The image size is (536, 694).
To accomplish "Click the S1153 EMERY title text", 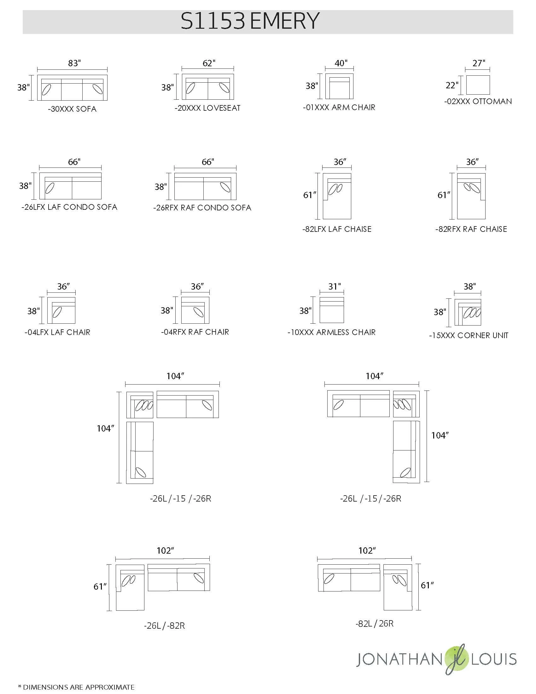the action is click(x=250, y=21).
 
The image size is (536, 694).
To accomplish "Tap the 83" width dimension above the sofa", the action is click(x=74, y=63).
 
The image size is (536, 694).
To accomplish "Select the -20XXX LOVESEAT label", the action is click(x=207, y=108).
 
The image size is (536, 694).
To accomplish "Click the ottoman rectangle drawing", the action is click(x=478, y=85).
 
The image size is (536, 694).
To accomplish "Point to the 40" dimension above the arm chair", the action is click(x=341, y=63).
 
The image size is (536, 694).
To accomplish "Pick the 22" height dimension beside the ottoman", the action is click(x=452, y=85).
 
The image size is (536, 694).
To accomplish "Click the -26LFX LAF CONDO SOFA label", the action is click(x=70, y=207).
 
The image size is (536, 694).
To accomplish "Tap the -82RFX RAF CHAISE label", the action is click(x=471, y=229).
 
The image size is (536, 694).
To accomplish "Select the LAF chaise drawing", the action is click(x=337, y=196).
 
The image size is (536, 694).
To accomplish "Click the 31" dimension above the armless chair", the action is click(x=334, y=286).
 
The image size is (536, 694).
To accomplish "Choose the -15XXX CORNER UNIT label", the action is click(x=469, y=336).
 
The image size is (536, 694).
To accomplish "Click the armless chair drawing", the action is click(x=332, y=310).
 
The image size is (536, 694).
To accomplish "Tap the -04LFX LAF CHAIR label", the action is click(x=57, y=332).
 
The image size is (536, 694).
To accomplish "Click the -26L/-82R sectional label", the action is click(x=165, y=626).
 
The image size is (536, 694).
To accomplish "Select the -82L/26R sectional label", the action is click(x=375, y=623).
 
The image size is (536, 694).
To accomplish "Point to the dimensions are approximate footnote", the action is click(x=76, y=687).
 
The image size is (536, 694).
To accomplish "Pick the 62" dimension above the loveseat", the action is click(x=209, y=63).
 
